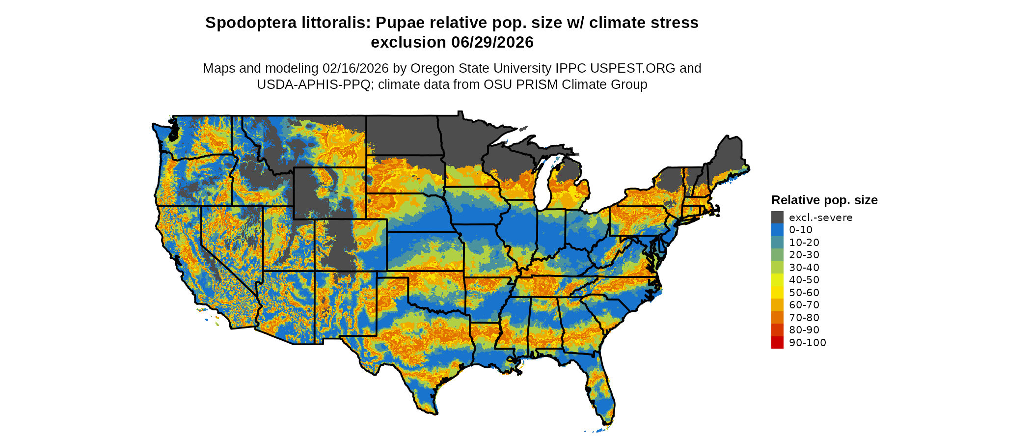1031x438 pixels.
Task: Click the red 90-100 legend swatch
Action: point(777,343)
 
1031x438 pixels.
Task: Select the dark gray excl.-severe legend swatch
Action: point(777,218)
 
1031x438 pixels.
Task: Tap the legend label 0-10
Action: point(800,230)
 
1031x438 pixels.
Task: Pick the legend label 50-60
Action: point(804,293)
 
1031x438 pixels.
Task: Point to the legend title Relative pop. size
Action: point(824,200)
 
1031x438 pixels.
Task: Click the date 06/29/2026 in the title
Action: point(492,43)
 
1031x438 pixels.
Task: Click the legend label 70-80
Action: point(804,318)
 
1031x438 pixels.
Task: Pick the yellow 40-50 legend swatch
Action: point(777,280)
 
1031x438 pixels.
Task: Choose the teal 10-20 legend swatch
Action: point(777,243)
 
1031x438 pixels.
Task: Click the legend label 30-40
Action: point(804,268)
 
